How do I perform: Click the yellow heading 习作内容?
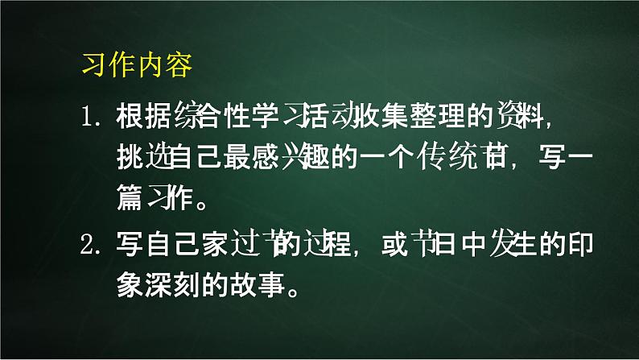point(137,66)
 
